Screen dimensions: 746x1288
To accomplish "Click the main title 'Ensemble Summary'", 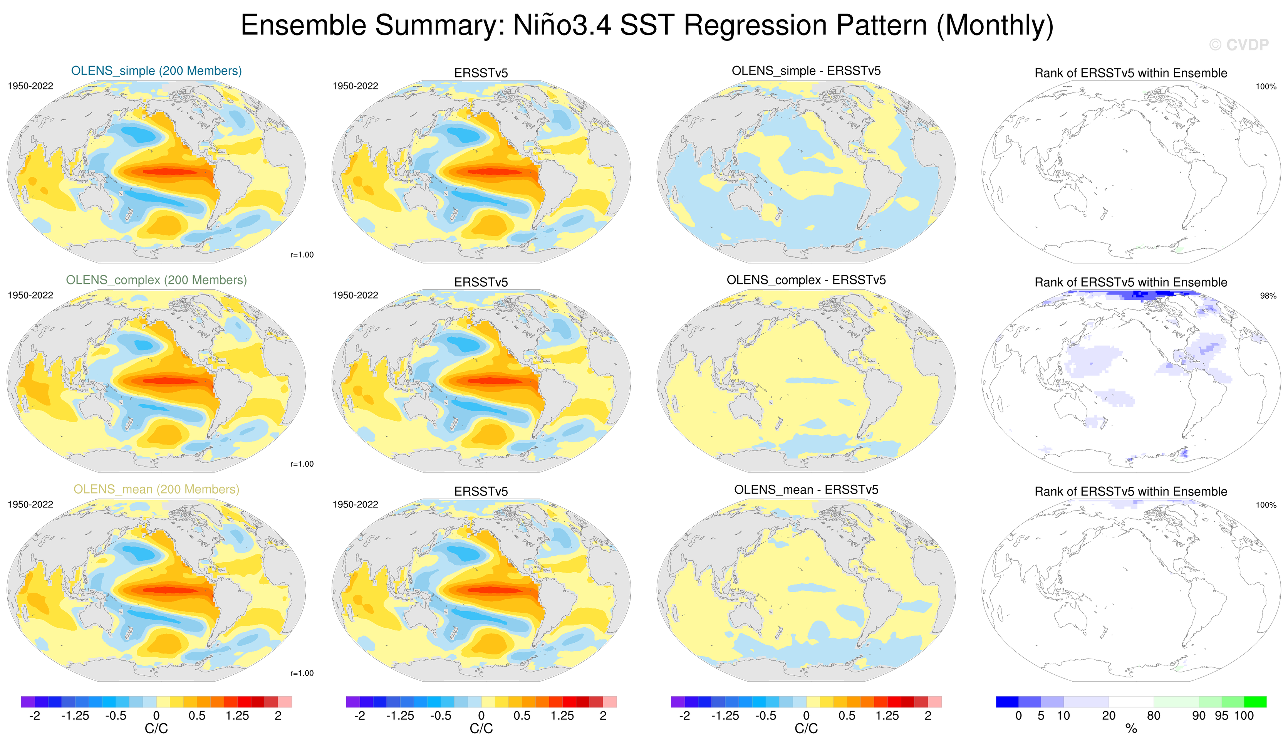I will pos(647,25).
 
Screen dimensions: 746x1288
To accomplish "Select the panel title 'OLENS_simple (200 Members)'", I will pos(156,71).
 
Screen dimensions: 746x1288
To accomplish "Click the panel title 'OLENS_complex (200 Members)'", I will pos(156,280).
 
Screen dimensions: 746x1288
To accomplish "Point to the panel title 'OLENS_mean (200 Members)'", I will pos(156,489).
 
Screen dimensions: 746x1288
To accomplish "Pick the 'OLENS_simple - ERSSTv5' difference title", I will pos(806,71).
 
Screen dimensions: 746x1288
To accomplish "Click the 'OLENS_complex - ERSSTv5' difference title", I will pos(806,280).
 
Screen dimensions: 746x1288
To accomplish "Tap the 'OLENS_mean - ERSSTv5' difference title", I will pos(806,489).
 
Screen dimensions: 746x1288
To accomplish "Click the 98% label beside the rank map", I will pos(1268,296).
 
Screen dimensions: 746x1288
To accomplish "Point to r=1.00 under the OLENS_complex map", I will pos(302,464).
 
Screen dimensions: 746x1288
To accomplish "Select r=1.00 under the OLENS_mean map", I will pos(302,673).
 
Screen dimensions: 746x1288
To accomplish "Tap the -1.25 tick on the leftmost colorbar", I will pos(75,715).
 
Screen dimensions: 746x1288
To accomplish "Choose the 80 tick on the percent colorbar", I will pos(1154,715).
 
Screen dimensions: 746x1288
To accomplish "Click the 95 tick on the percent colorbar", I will pos(1221,715).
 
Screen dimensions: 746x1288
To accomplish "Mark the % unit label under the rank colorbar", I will pos(1131,729).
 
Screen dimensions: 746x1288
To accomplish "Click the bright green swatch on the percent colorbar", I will pos(1255,702).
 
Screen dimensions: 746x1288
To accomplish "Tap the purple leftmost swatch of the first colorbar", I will pos(28,702).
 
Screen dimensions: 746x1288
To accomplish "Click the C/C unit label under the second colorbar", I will pos(481,729).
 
